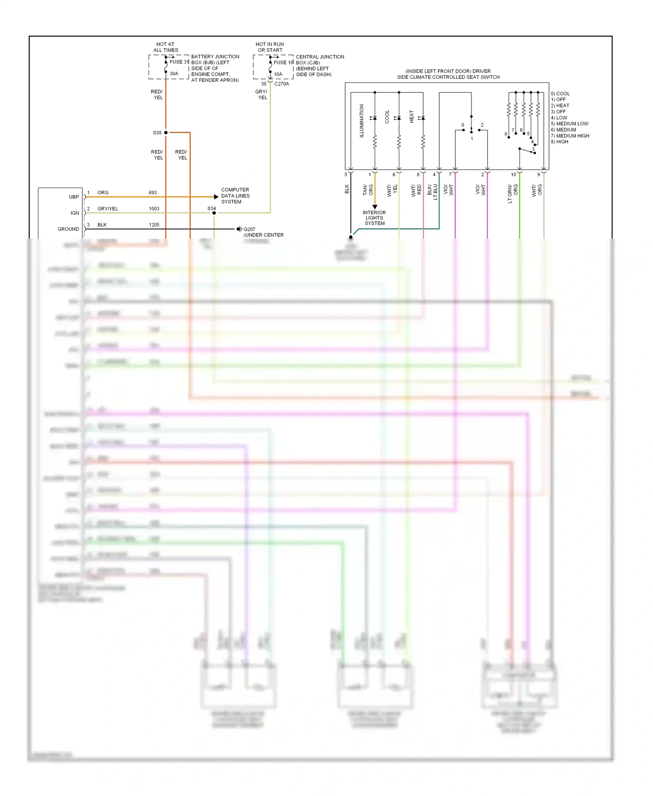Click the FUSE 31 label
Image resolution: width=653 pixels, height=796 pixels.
click(179, 62)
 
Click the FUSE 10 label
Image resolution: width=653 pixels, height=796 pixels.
click(283, 62)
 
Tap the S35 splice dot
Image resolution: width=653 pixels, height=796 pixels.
click(166, 132)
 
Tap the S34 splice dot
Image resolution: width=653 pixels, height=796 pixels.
click(214, 213)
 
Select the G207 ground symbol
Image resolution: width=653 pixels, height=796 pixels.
click(239, 229)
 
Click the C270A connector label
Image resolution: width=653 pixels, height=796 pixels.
click(281, 84)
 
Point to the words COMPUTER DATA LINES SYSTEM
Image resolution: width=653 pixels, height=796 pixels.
click(235, 196)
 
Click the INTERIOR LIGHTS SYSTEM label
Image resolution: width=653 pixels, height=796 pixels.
click(374, 218)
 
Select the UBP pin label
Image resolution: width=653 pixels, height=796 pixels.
click(74, 197)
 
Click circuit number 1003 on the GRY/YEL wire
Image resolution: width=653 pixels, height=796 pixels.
click(154, 209)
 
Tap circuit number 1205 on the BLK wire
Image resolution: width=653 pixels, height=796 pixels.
click(154, 225)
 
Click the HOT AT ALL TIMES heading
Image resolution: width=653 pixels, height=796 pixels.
click(165, 47)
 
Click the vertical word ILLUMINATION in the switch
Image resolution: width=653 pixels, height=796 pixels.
click(361, 121)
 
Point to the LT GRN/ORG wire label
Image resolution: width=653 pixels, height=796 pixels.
click(512, 193)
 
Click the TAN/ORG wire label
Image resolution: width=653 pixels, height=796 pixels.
click(368, 190)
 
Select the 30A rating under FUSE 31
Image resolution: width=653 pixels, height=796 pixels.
click(174, 74)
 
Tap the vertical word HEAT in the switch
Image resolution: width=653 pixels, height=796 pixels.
click(411, 116)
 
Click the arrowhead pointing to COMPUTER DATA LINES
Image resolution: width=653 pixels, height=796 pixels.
click(216, 197)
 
